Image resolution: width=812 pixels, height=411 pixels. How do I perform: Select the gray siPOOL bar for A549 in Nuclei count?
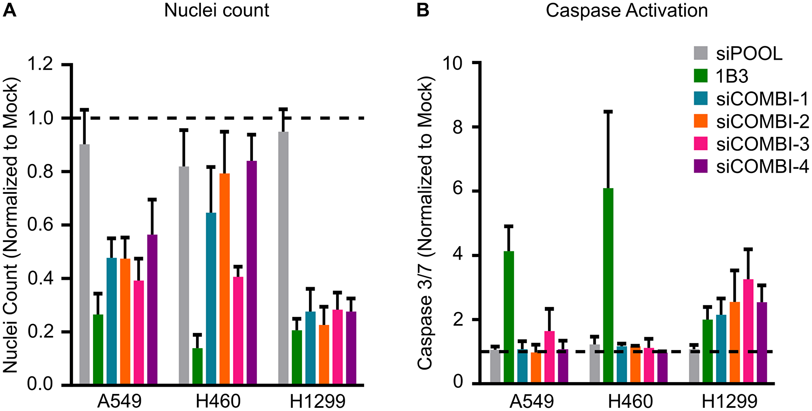(84, 264)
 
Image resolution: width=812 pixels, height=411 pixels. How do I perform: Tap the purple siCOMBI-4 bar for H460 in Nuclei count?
(252, 272)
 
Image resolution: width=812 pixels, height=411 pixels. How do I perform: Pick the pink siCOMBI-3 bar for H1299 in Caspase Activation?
(748, 331)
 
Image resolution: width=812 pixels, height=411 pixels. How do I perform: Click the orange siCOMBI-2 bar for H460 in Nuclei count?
(225, 278)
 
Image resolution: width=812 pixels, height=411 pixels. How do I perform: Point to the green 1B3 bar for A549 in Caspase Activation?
(509, 317)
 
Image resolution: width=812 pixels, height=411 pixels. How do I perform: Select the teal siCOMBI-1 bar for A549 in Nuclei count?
(112, 321)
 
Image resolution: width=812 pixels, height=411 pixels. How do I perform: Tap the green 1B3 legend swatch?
(701, 76)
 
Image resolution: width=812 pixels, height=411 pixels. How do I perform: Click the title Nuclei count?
(216, 10)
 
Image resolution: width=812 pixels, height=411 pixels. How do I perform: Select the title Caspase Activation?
(626, 10)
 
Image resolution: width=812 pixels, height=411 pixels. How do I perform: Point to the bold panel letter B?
(423, 10)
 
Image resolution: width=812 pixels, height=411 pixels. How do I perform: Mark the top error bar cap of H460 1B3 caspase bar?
(608, 111)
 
